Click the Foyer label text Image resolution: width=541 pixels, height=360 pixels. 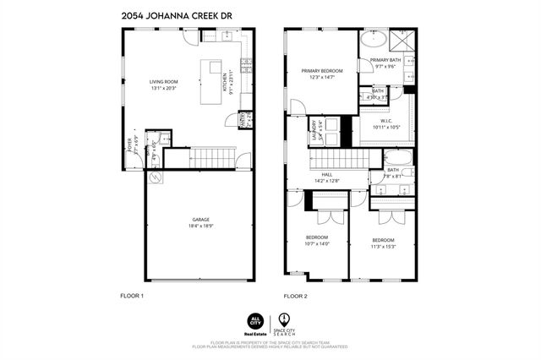click(x=130, y=145)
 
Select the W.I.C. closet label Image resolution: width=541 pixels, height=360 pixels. click(x=385, y=120)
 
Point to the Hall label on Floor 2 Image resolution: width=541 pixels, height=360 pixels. click(x=326, y=174)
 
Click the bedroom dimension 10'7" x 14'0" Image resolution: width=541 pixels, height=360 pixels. click(x=317, y=244)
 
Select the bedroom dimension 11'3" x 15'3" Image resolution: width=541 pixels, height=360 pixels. click(x=383, y=247)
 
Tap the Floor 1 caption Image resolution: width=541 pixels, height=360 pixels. click(x=133, y=296)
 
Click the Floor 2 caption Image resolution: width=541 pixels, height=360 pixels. click(x=295, y=296)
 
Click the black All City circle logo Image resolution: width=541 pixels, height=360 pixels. click(x=254, y=319)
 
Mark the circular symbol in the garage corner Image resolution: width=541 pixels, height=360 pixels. click(x=155, y=178)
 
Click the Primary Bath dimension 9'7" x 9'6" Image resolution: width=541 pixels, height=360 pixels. click(x=385, y=67)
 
